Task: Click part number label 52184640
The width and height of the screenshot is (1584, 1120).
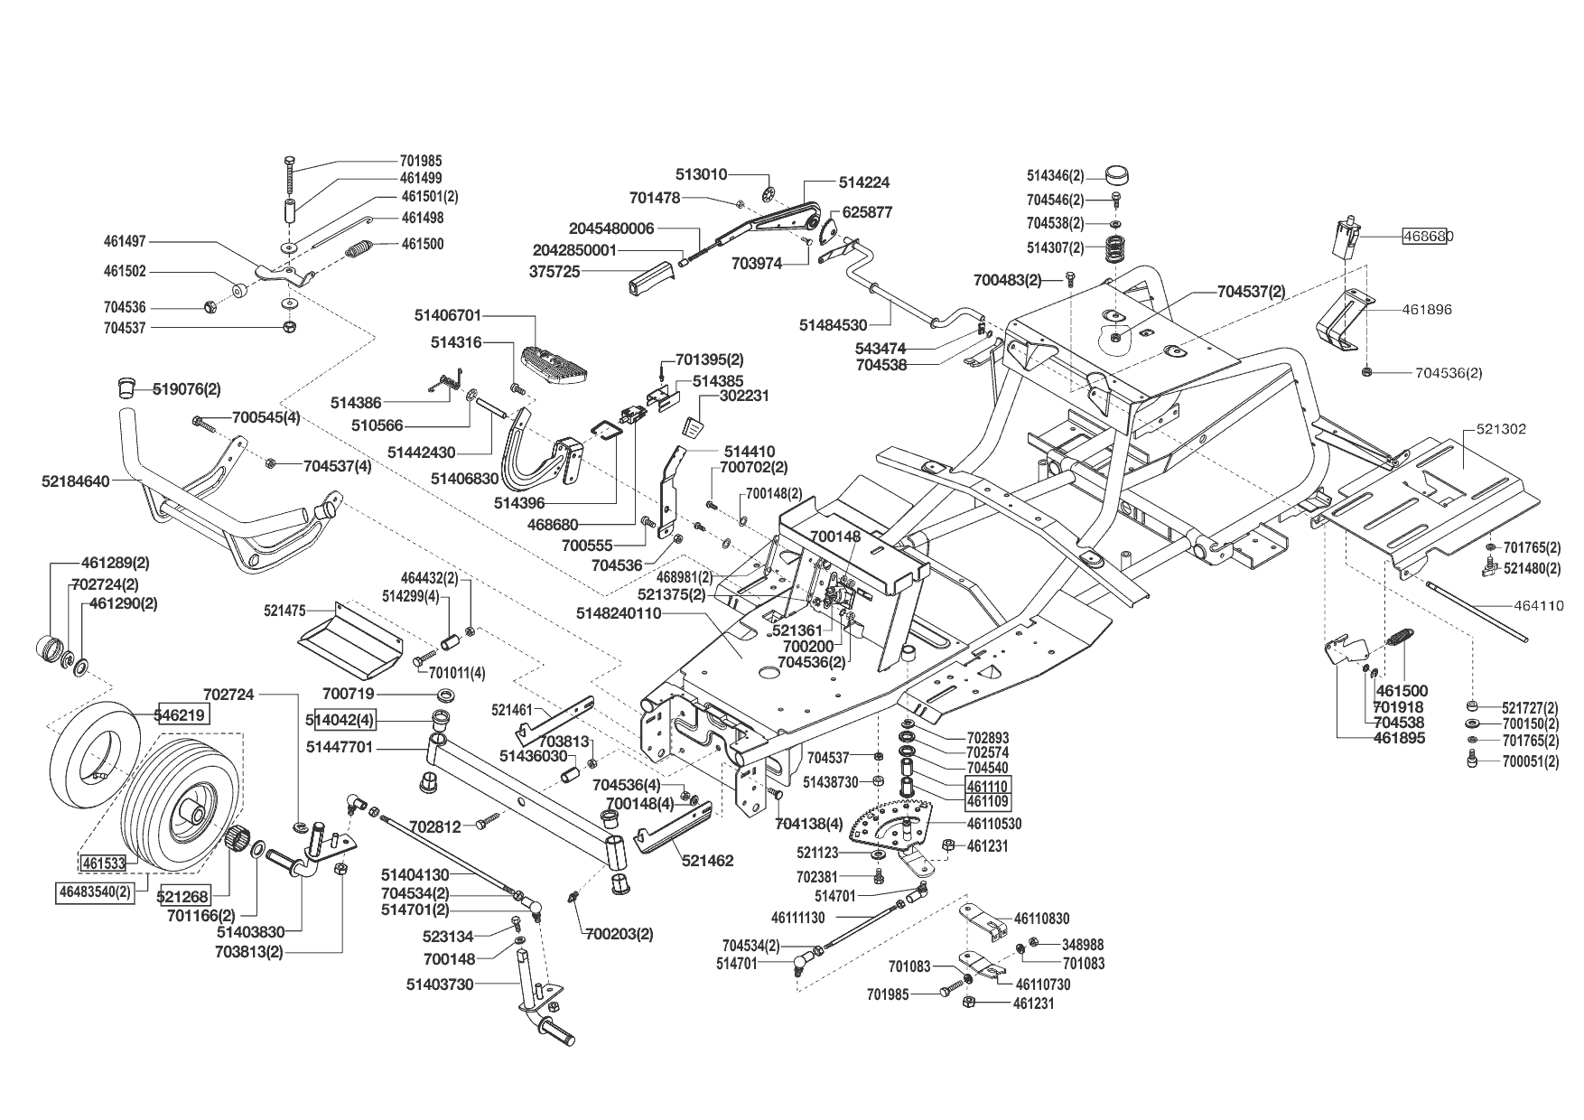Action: click(75, 481)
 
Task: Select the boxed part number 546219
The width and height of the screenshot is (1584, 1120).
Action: click(183, 714)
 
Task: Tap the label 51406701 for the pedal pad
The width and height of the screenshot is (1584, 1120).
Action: click(449, 315)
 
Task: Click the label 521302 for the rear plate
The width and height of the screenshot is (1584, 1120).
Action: click(1501, 429)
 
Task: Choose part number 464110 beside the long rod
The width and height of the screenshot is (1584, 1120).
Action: click(1539, 606)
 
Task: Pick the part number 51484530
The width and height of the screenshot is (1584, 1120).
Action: click(834, 324)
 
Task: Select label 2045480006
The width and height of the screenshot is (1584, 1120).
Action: click(611, 229)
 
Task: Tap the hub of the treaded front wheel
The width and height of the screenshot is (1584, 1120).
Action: click(191, 807)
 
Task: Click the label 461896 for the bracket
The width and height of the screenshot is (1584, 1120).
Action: click(1427, 310)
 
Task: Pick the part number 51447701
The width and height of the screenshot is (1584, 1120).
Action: click(340, 747)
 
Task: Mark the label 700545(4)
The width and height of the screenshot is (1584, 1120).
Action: click(266, 418)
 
